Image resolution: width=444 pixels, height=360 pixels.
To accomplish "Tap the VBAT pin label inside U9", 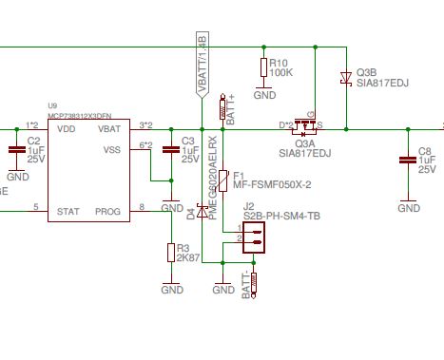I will tap(109, 127).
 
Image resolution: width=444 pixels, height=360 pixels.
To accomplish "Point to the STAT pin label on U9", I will tap(68, 210).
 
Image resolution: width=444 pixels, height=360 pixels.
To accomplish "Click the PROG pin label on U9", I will tap(109, 210).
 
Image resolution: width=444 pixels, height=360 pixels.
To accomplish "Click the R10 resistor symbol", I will tap(263, 67).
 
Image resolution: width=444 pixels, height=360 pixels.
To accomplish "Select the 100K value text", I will tap(282, 72).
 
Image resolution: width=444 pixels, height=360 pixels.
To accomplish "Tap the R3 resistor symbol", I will tap(172, 251).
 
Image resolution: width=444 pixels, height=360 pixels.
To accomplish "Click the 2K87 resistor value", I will tap(187, 257).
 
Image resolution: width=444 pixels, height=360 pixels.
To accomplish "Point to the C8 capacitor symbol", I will tap(408, 156).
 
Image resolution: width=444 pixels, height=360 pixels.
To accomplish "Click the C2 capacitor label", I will tap(32, 141).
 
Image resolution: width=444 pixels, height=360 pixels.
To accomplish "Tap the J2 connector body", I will tap(252, 242).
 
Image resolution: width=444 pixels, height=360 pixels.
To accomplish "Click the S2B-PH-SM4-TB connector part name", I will tap(281, 218).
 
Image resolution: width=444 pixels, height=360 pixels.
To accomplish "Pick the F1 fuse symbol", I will tap(223, 180).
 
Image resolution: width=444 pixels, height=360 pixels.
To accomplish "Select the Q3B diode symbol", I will tap(346, 80).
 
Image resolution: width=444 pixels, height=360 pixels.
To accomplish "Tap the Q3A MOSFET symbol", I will tap(304, 123).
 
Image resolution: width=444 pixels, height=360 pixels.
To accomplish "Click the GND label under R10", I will tap(264, 95).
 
